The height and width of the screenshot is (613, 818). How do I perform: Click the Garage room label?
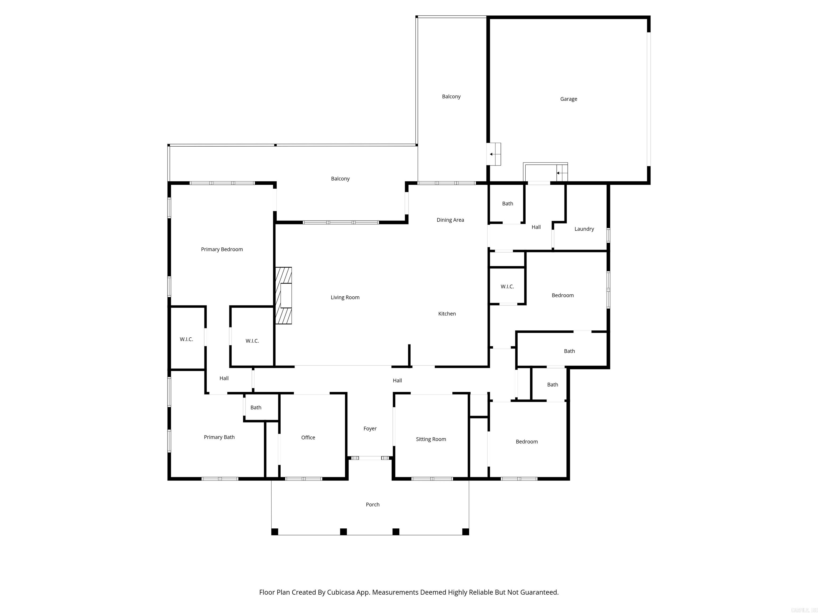pos(568,99)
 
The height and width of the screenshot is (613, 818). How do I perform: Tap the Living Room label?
pos(345,297)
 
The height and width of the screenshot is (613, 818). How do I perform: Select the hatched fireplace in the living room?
pos(284,296)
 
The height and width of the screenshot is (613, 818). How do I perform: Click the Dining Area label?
pos(450,220)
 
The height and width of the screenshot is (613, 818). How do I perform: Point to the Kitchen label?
pos(447,314)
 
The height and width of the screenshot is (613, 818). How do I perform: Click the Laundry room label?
pos(584,229)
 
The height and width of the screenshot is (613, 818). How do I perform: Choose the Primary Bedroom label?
pos(222,249)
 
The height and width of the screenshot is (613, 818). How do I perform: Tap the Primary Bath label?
pos(219,437)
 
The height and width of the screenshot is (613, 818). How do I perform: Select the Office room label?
pos(308,437)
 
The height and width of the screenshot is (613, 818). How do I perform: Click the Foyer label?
pos(370,429)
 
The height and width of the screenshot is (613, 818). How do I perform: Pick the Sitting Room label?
pos(431,439)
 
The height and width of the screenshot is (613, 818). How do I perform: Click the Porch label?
pos(373,505)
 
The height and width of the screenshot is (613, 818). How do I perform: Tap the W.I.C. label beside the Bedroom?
pos(507,287)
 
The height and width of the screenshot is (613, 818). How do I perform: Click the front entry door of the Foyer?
pos(370,458)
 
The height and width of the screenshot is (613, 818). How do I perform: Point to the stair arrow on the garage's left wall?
pos(492,154)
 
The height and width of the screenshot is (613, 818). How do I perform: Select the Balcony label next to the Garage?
pos(451,97)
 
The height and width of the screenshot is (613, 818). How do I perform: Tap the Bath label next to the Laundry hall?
pos(507,204)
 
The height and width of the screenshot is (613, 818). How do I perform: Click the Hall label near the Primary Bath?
pos(224,378)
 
